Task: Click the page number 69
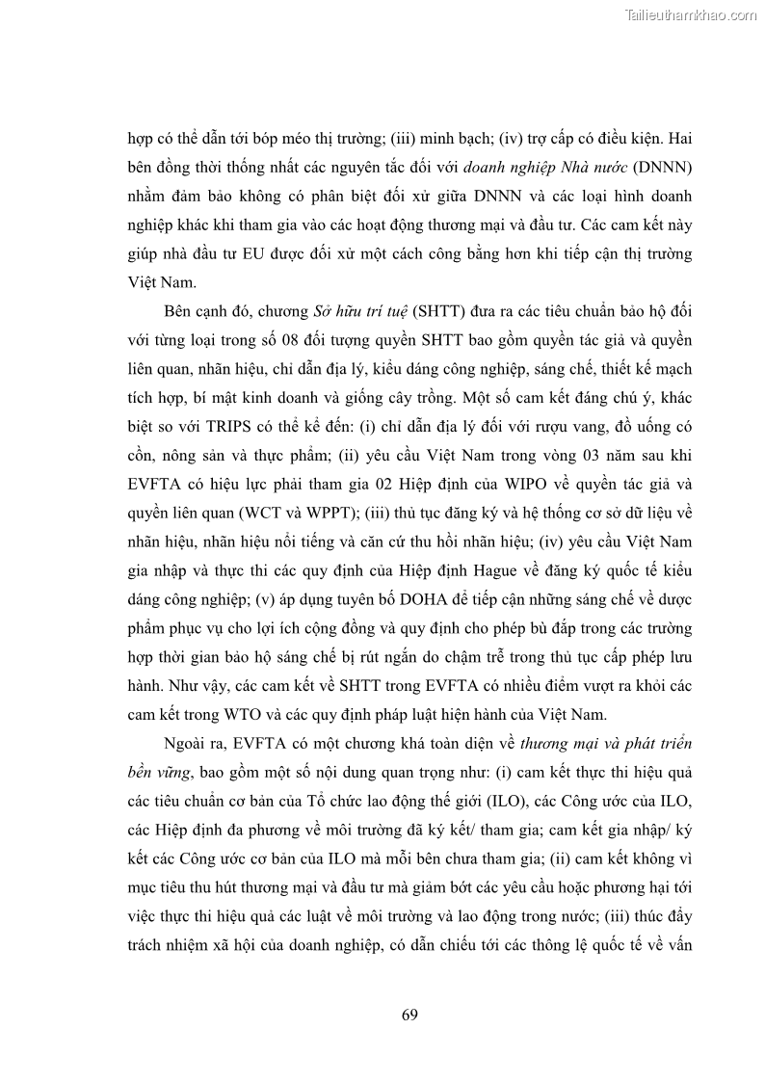tap(409, 1015)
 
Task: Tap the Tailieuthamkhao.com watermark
tap(691, 14)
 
